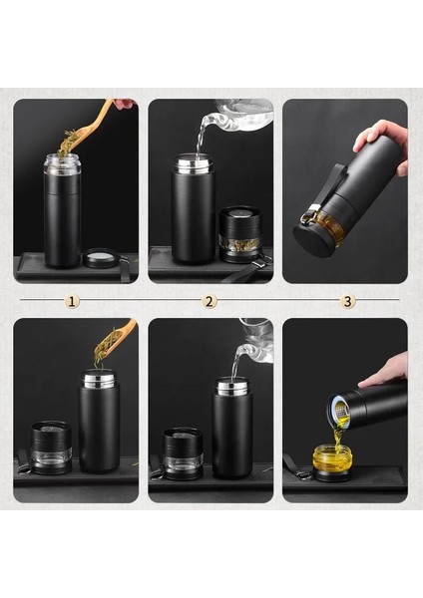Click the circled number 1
coord(72,300)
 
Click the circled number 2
coord(210,300)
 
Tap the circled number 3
coord(348,300)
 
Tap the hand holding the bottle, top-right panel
coord(383,142)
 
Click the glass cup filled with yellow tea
coord(332,459)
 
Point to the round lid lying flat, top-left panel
coord(100,260)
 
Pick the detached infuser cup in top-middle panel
coord(239,233)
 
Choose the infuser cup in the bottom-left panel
coord(51,445)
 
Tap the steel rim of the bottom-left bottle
coord(99,380)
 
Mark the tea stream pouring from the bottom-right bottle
coord(340,431)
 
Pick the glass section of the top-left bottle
coord(62,164)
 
